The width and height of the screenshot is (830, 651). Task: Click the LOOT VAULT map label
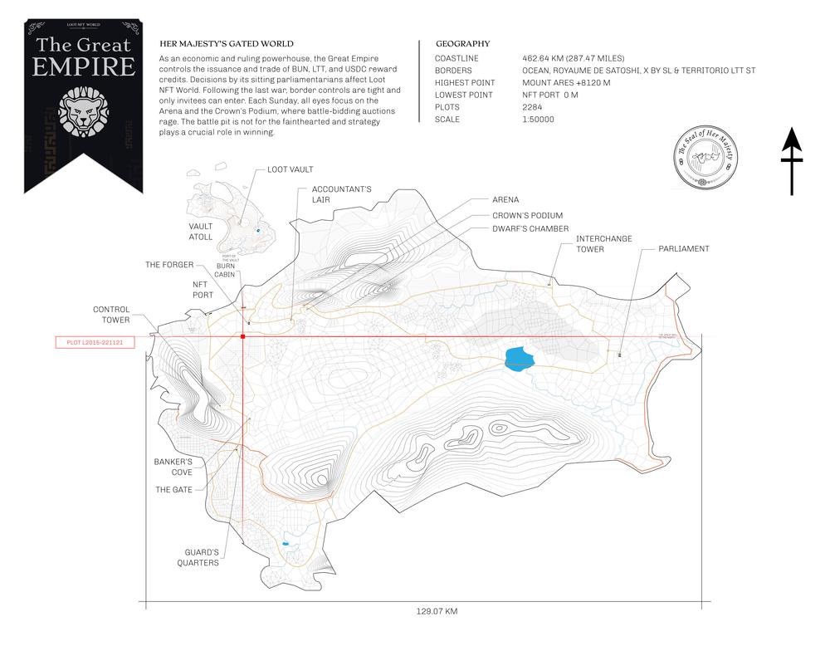pos(290,169)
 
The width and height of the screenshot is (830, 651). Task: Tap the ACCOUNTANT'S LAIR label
pos(341,194)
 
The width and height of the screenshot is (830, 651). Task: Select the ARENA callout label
pos(505,200)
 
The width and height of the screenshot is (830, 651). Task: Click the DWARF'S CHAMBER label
pos(530,228)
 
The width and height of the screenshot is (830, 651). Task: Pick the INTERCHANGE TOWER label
pos(604,244)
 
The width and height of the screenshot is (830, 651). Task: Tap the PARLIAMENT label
pos(684,248)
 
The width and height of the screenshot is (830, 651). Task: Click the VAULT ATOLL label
pos(201,232)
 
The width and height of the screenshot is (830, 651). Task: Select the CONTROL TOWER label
pos(111,315)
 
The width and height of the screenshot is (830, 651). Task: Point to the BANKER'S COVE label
pos(173,467)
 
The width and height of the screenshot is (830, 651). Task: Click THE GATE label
pos(174,490)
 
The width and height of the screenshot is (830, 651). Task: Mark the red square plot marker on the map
pos(242,337)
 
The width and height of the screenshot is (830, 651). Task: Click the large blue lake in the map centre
pos(520,358)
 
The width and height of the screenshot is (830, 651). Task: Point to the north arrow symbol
pos(792,161)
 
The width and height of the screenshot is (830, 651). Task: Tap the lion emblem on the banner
pos(83,110)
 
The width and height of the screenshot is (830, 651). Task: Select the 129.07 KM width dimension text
pos(437,612)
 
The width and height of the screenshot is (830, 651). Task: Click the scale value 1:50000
pos(539,120)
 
